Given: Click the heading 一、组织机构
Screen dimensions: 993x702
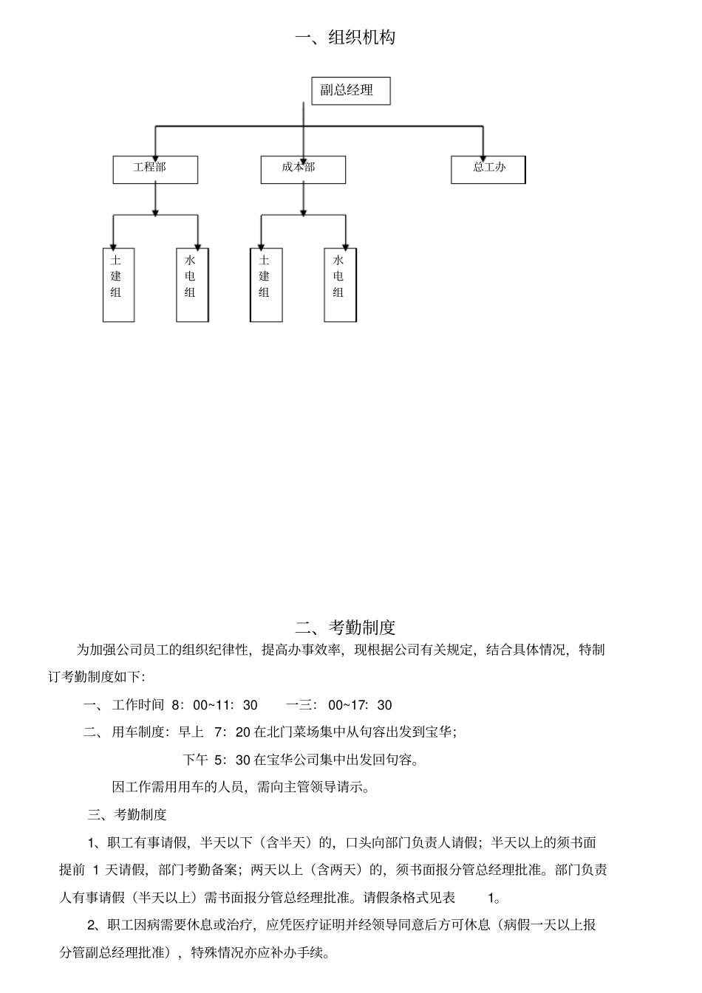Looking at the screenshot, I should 346,38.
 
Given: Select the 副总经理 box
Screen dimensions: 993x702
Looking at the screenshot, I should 350,91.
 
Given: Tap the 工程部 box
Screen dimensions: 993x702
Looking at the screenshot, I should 155,169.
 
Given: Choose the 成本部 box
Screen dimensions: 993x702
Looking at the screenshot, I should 303,169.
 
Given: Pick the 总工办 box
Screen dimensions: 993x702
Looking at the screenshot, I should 488,169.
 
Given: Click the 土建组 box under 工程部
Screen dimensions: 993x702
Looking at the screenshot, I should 118,284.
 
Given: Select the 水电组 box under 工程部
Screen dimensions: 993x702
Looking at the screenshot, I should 192,284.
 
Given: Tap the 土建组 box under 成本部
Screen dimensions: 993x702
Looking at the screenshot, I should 266,284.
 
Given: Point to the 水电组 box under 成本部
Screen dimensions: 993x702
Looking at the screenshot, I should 340,284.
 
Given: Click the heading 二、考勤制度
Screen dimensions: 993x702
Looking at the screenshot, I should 346,627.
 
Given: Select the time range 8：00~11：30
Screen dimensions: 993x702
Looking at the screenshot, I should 214,705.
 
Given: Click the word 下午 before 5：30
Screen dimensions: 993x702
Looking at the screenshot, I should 195,760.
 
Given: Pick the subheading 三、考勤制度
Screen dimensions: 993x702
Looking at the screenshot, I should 127,814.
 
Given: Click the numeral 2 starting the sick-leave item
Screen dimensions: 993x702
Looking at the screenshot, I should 92,925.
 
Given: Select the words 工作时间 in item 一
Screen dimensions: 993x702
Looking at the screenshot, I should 137,705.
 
